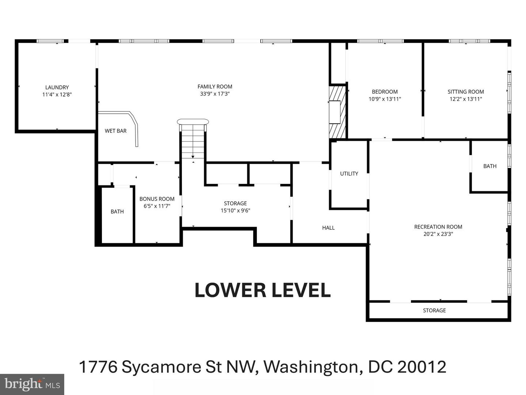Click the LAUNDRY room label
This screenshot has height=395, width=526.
coord(57,87)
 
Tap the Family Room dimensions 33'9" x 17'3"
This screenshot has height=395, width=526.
coord(215,94)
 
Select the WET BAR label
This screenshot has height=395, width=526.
coord(115,131)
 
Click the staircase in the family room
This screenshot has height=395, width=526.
coord(193,141)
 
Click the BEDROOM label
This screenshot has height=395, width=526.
coord(385,92)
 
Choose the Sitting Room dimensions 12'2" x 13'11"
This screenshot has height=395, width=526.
coord(466,99)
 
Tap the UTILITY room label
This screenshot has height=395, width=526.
coord(349,174)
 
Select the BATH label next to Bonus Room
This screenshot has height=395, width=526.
coord(117,211)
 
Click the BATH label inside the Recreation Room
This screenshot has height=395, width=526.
coord(489,166)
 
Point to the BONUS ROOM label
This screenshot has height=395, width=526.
coord(157,199)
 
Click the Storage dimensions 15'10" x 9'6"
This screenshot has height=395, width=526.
coord(235,210)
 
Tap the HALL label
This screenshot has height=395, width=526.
coord(328,228)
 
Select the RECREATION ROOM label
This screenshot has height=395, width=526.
coord(438,227)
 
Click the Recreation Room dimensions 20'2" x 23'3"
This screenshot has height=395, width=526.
coord(438,234)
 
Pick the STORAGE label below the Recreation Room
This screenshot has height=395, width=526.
coord(434,311)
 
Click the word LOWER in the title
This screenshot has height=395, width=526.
coord(230,290)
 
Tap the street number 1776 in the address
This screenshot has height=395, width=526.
coord(98,367)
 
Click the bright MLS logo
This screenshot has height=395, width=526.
coord(32,384)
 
